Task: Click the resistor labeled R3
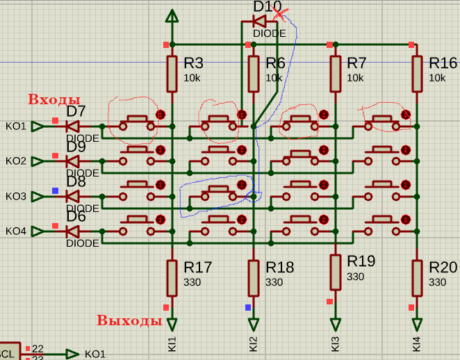(172, 74)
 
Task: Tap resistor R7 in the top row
(336, 74)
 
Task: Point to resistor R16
(417, 74)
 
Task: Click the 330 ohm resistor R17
(172, 277)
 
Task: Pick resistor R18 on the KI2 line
(254, 277)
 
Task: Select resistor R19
(336, 272)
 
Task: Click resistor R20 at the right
(417, 277)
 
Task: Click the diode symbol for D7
(72, 126)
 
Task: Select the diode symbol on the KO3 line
(72, 196)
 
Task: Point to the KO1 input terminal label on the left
(16, 126)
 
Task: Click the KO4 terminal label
(16, 231)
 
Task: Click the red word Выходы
(129, 320)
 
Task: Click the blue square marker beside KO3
(56, 190)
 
